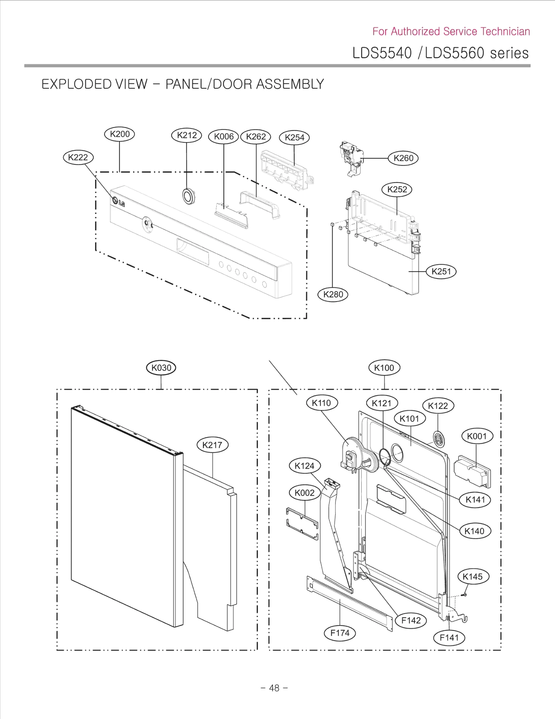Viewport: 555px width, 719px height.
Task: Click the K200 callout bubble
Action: [x=120, y=134]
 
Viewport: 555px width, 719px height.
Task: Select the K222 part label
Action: [x=78, y=157]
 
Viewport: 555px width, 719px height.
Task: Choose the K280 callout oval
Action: [x=333, y=294]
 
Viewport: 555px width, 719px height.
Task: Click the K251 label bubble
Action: [x=441, y=271]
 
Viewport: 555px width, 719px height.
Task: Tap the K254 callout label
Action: [x=294, y=138]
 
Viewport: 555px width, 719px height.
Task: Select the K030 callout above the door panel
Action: [x=161, y=367]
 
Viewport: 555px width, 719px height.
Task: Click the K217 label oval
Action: [x=212, y=445]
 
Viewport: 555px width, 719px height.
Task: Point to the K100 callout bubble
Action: [x=384, y=367]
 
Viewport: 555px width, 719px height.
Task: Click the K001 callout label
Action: [x=477, y=436]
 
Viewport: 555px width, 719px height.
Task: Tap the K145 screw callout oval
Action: [x=473, y=577]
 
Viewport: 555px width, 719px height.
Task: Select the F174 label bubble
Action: [x=340, y=633]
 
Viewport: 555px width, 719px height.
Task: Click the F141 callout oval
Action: [x=449, y=638]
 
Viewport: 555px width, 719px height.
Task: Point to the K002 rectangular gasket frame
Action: [x=302, y=524]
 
